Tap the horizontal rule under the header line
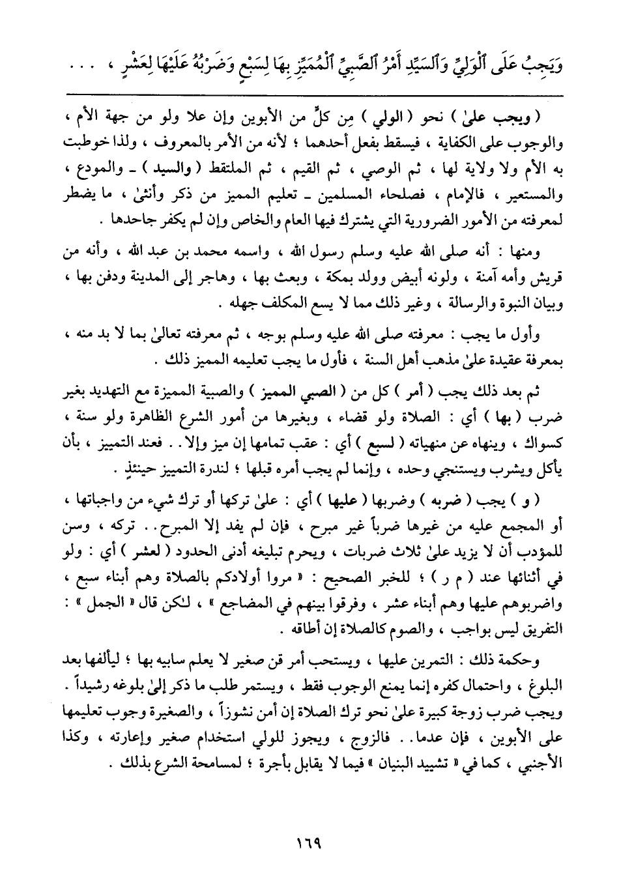[309, 96]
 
